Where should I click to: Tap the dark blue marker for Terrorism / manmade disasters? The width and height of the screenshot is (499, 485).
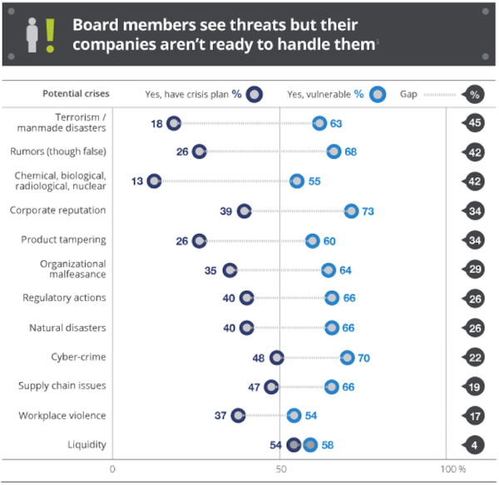(x=173, y=123)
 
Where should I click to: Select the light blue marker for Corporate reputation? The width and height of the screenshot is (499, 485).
(x=351, y=211)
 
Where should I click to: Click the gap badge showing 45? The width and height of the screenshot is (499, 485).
(x=473, y=123)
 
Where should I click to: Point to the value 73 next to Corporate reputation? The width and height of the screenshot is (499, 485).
(x=368, y=211)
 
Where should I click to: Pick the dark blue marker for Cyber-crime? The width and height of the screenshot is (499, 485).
(x=277, y=357)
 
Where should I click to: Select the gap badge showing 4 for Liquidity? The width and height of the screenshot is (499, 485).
(x=473, y=444)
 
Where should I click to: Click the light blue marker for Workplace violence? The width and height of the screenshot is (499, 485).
(x=294, y=415)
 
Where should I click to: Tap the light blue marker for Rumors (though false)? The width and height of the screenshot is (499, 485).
(x=333, y=151)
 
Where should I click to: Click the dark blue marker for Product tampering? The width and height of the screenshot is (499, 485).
(x=199, y=240)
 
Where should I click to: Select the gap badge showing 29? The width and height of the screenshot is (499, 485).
(x=473, y=270)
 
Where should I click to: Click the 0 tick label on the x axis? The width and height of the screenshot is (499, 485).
(x=112, y=469)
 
